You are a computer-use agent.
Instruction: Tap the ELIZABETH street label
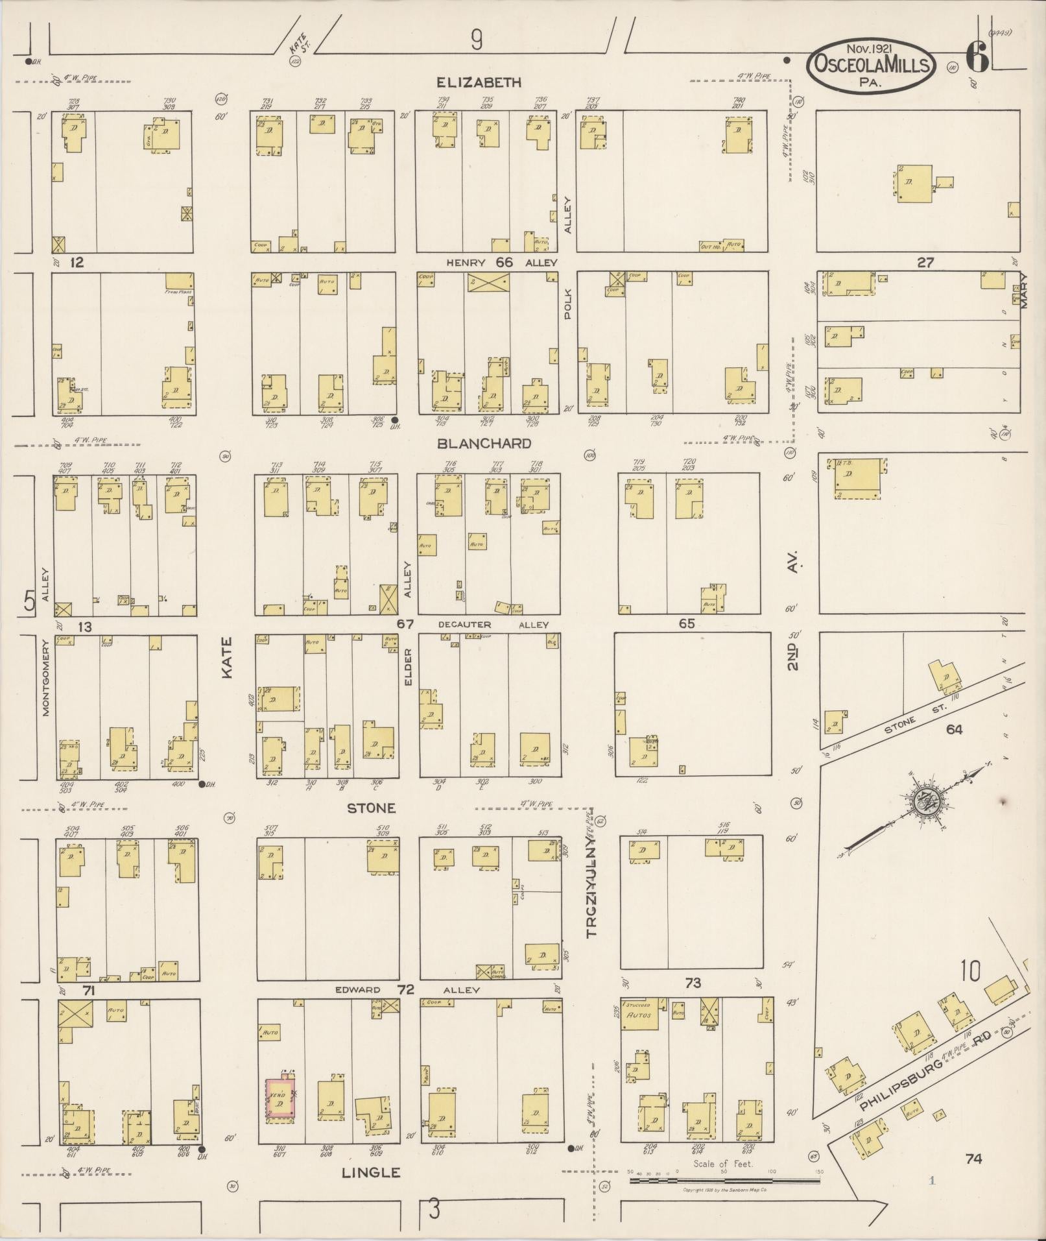tap(479, 82)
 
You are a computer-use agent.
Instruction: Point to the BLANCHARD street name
tap(484, 444)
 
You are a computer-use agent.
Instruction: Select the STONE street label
tap(371, 808)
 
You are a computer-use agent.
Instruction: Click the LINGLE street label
tap(370, 1172)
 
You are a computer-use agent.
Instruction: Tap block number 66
tap(504, 262)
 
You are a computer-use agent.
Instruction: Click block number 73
tap(693, 983)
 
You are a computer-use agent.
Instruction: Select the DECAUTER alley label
tap(464, 625)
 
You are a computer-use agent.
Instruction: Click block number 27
tap(925, 263)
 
